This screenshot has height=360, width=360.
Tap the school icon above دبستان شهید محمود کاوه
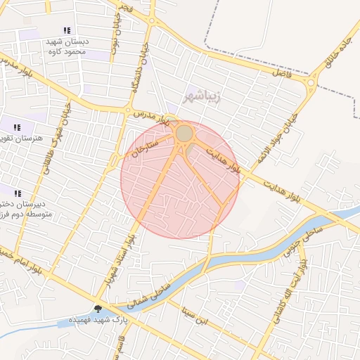click(x=67, y=30)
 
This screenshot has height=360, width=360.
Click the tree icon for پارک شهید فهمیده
click(x=97, y=309)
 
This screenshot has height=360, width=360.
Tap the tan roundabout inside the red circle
click(x=184, y=133)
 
